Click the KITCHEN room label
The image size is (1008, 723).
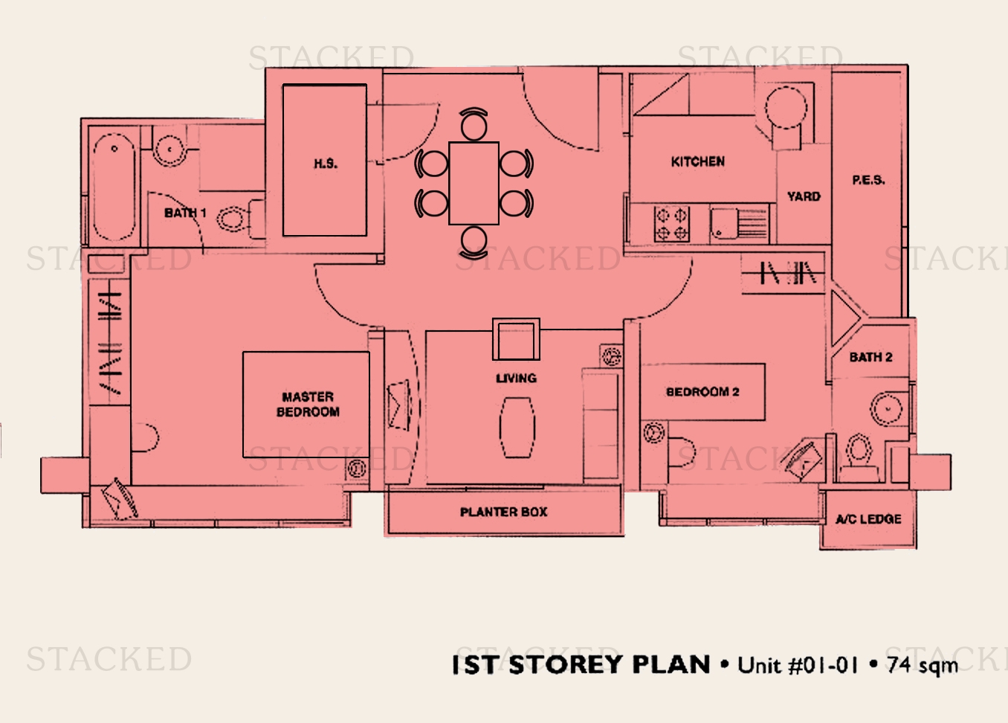[x=697, y=161]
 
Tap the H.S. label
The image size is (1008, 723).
[x=326, y=164]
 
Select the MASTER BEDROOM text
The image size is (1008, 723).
[x=308, y=404]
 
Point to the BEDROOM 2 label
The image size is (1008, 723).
[x=702, y=392]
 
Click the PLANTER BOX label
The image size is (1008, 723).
[x=503, y=512]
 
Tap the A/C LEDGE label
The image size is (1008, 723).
[x=868, y=519]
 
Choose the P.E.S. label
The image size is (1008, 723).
[x=868, y=180]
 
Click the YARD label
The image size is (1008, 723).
[x=804, y=196]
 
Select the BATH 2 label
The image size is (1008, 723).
[x=870, y=357]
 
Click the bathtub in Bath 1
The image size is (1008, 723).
[x=114, y=187]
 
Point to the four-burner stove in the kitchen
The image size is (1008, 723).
[x=672, y=224]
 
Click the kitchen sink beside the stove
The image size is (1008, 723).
[x=738, y=224]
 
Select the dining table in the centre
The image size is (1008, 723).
[x=474, y=183]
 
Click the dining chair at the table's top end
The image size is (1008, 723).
[x=474, y=124]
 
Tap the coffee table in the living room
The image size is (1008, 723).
[x=517, y=427]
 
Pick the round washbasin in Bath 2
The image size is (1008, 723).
[x=887, y=409]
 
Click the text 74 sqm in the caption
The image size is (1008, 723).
[x=922, y=666]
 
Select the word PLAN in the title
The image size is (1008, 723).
[x=671, y=664]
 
